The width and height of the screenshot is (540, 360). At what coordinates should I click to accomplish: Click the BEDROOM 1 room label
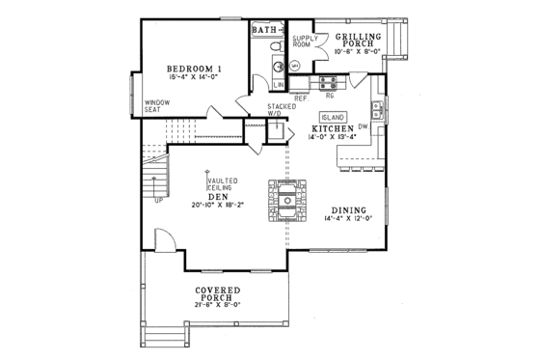(x=195, y=69)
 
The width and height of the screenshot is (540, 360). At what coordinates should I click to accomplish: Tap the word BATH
(x=263, y=30)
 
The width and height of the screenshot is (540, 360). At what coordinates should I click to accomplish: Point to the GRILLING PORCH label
(x=357, y=37)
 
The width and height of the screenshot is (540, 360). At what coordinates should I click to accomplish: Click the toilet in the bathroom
(x=276, y=46)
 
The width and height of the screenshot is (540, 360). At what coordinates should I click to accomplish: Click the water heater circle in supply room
(x=296, y=66)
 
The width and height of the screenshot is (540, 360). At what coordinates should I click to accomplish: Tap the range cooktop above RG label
(x=329, y=82)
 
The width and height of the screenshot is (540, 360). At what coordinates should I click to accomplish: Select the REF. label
(x=300, y=97)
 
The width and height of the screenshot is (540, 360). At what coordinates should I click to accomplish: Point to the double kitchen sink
(x=379, y=110)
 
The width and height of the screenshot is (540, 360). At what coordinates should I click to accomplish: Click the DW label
(x=363, y=126)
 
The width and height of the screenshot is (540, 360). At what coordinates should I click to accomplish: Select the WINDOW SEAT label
(x=157, y=105)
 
